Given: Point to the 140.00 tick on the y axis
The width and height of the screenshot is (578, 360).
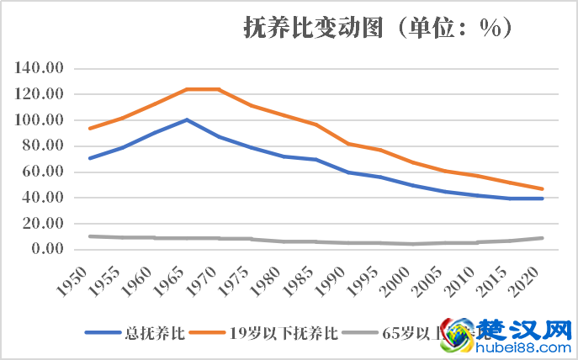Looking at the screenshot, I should (x=40, y=68).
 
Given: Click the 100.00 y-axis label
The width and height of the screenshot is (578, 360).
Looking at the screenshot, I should (x=40, y=120).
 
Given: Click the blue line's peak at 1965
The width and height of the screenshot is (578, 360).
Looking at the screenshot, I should (x=187, y=119).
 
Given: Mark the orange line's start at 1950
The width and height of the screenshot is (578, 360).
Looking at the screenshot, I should (x=89, y=128).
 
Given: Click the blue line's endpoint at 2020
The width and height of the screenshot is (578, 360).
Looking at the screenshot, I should (x=543, y=199).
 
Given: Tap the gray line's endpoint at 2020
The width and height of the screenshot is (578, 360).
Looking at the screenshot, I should (x=543, y=238).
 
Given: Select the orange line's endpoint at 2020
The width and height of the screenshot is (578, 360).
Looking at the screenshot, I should (x=543, y=188).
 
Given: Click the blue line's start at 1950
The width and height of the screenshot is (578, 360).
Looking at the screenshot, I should (x=89, y=158).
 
